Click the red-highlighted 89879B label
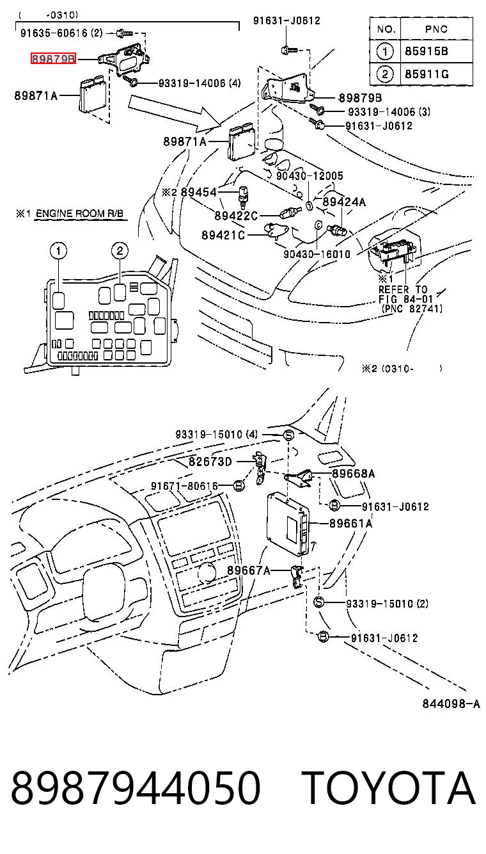pos(53,59)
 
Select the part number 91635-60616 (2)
pos(61,33)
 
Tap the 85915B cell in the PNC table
pos(426,51)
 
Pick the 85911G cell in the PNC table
pos(427,74)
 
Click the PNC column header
pos(436,29)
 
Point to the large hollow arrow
pos(175,111)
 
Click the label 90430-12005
pos(310,176)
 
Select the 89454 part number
pos(198,192)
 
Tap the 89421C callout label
pos(223,235)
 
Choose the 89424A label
pos(344,202)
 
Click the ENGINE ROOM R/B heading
pos(79,214)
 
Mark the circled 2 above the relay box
pos(120,251)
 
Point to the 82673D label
pos(210,462)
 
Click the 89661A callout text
pos(351,523)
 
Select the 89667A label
pos(248,570)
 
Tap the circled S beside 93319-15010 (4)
pos(288,435)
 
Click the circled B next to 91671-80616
pos(239,486)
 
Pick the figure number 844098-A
pos(451,704)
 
